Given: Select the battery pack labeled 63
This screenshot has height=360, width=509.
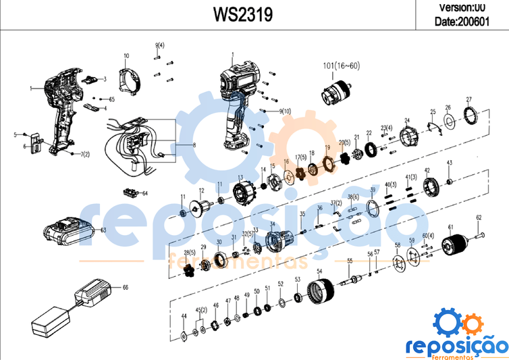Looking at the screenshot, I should [69, 232].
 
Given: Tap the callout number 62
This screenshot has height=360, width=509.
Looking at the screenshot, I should [479, 217].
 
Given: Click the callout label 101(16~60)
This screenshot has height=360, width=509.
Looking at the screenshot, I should [342, 66].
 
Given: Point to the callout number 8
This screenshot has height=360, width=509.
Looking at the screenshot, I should [194, 145].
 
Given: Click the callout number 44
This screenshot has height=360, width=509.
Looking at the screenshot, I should [184, 316].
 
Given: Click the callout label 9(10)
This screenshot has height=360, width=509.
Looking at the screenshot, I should [284, 111].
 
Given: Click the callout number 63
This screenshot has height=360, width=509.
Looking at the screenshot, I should [104, 230].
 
